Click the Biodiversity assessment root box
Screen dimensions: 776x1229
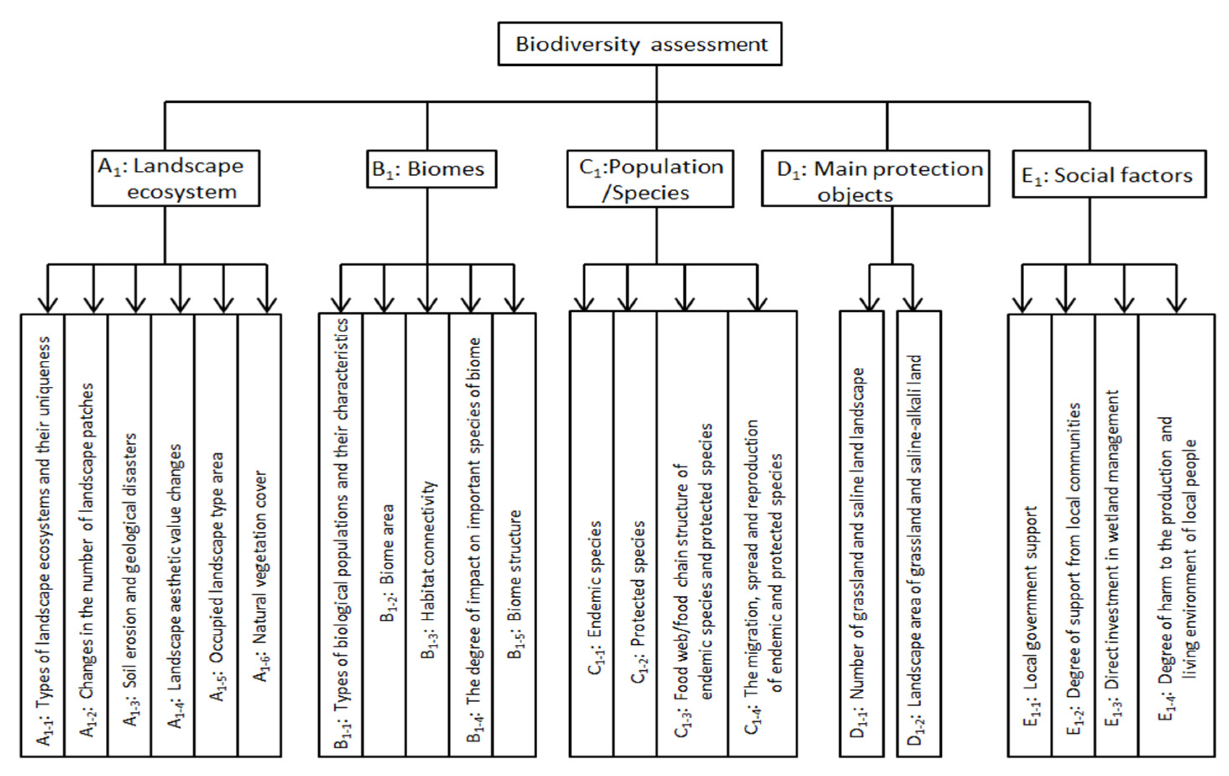[x=640, y=44]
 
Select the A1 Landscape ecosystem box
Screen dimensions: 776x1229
[x=176, y=178]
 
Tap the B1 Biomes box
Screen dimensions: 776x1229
[x=431, y=169]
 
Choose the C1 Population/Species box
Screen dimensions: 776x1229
[x=650, y=179]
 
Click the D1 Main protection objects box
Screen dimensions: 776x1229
[x=875, y=179]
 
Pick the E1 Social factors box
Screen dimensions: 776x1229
[x=1109, y=174]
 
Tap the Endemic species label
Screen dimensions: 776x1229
[x=594, y=597]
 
